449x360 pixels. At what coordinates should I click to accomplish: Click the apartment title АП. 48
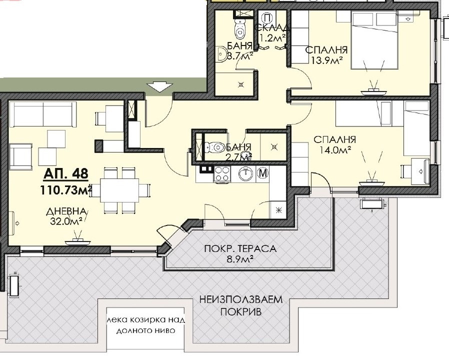66,174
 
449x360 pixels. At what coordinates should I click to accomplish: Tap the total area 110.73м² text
66,190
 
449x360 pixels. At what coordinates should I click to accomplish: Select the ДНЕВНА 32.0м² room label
66,216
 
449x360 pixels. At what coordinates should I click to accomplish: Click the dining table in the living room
119,190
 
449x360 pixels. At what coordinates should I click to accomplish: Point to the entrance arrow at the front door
160,86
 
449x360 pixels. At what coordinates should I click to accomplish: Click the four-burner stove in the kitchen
222,174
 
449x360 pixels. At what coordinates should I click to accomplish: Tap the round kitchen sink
246,173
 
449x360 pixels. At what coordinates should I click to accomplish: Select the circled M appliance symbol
263,173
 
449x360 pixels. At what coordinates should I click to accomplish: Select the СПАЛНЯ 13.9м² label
326,54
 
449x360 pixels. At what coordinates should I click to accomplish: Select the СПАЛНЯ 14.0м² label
334,144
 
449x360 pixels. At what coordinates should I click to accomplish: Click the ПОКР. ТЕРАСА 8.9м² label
240,253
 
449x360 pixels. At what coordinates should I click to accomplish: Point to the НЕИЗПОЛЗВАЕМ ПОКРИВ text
241,305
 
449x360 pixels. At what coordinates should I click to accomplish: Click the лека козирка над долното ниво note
146,325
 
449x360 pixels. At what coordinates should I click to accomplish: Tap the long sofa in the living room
43,114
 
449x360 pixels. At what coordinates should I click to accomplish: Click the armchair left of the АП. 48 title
20,156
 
